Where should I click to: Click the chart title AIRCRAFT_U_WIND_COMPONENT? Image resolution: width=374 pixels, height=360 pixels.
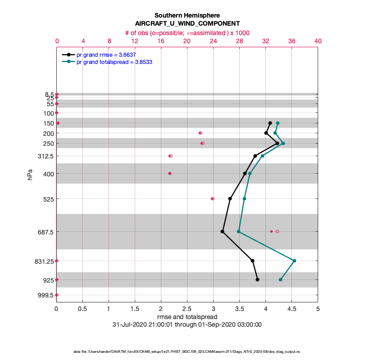tap(187, 23)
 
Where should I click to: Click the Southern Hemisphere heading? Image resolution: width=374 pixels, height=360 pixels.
tap(187, 15)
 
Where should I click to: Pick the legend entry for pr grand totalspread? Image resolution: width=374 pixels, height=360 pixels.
tap(114, 62)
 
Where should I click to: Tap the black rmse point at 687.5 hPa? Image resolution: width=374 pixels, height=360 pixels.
tap(223, 231)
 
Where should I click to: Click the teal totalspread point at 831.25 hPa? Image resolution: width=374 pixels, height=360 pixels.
tap(294, 261)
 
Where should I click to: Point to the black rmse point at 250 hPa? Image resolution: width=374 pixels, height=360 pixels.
tap(277, 143)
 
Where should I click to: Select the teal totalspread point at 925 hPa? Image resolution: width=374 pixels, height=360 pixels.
tap(280, 279)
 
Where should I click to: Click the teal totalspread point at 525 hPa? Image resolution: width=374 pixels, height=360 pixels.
tap(245, 198)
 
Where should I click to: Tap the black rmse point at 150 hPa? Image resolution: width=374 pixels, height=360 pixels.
tap(270, 123)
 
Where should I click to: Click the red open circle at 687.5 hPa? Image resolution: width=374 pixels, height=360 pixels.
tap(277, 231)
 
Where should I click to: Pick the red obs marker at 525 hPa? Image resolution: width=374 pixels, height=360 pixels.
tap(213, 198)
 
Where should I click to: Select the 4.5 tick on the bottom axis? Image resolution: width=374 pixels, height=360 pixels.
tap(292, 310)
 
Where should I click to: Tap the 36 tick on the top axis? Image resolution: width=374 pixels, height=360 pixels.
tap(292, 40)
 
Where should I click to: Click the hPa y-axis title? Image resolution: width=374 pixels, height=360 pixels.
tap(30, 175)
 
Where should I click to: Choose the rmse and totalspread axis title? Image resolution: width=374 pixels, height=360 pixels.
tap(187, 317)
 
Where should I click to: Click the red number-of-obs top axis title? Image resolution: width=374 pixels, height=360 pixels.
tap(187, 33)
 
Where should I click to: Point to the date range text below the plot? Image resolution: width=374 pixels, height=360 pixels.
tap(187, 324)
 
